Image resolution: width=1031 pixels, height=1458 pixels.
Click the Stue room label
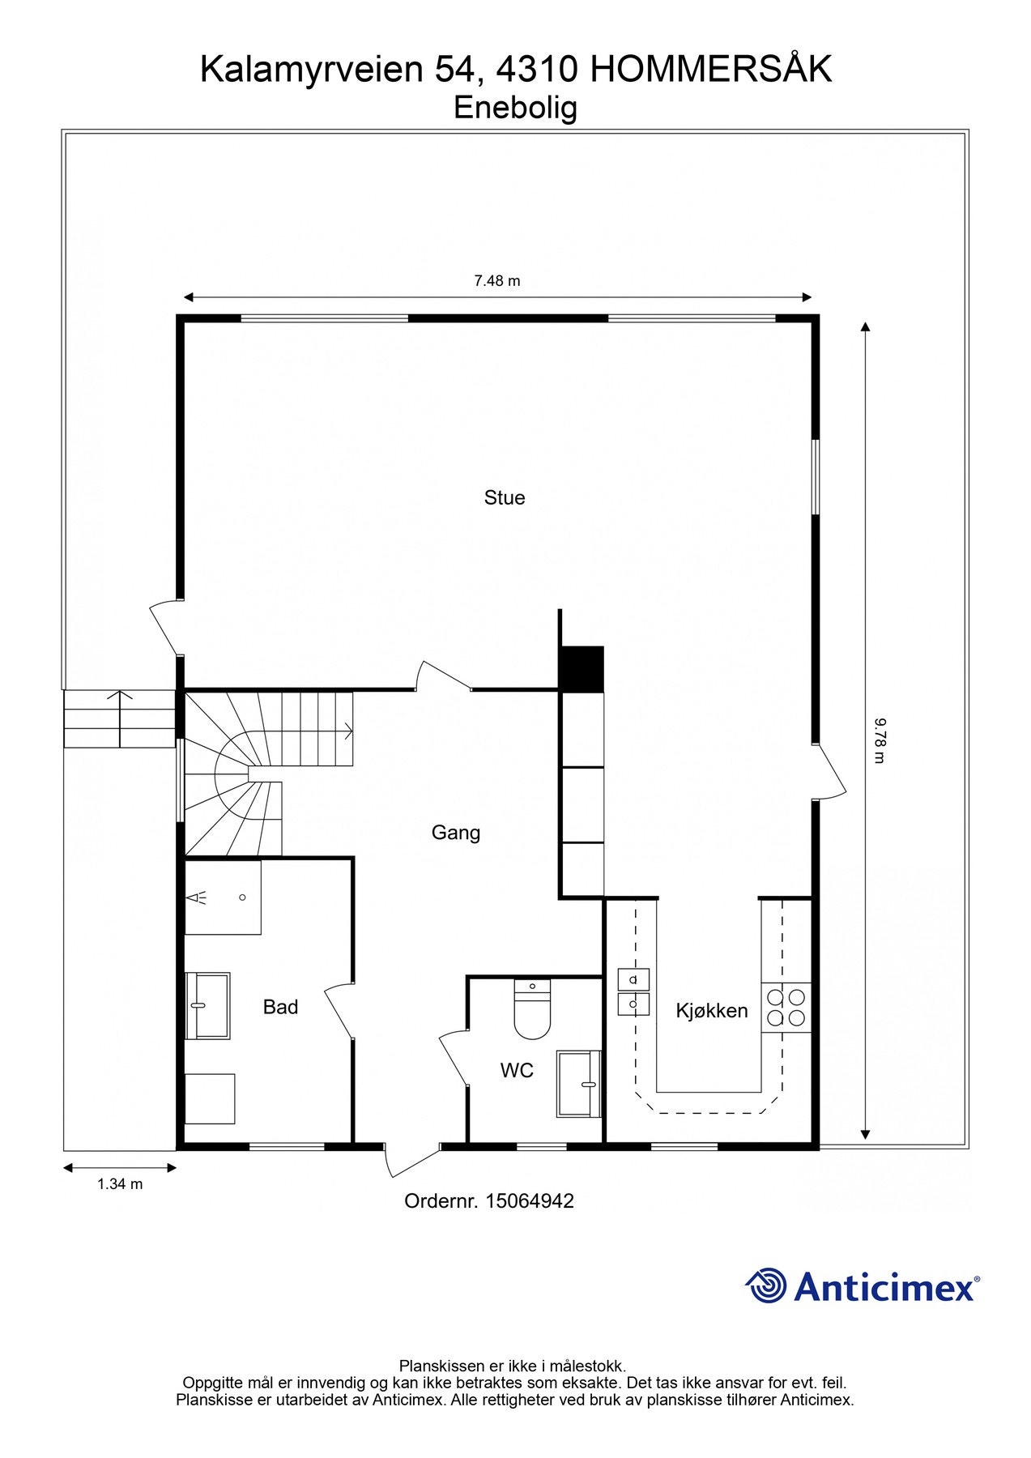click(505, 497)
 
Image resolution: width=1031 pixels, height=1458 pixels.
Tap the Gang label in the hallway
click(455, 833)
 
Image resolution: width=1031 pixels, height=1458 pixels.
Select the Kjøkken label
click(712, 1010)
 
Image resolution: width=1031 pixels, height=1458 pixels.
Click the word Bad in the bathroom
click(280, 1007)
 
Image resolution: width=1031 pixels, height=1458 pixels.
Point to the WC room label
click(517, 1071)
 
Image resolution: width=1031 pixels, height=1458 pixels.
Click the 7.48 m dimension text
click(496, 281)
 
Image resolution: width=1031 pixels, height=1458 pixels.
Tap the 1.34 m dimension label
click(120, 1184)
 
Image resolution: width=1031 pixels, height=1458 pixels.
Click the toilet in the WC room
click(532, 1011)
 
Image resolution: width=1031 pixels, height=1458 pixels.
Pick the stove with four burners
click(786, 1007)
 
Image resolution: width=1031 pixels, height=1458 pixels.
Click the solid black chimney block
click(582, 669)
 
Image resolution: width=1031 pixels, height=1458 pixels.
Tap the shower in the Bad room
click(223, 897)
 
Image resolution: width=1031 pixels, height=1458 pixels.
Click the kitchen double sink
click(633, 992)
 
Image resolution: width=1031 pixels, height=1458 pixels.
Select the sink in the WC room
click(578, 1083)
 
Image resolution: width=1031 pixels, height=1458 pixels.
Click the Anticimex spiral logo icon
click(765, 1285)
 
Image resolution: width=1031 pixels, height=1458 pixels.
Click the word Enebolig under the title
click(515, 108)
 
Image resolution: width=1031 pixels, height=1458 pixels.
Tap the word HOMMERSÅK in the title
click(711, 70)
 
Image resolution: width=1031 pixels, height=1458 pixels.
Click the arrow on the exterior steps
click(121, 717)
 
